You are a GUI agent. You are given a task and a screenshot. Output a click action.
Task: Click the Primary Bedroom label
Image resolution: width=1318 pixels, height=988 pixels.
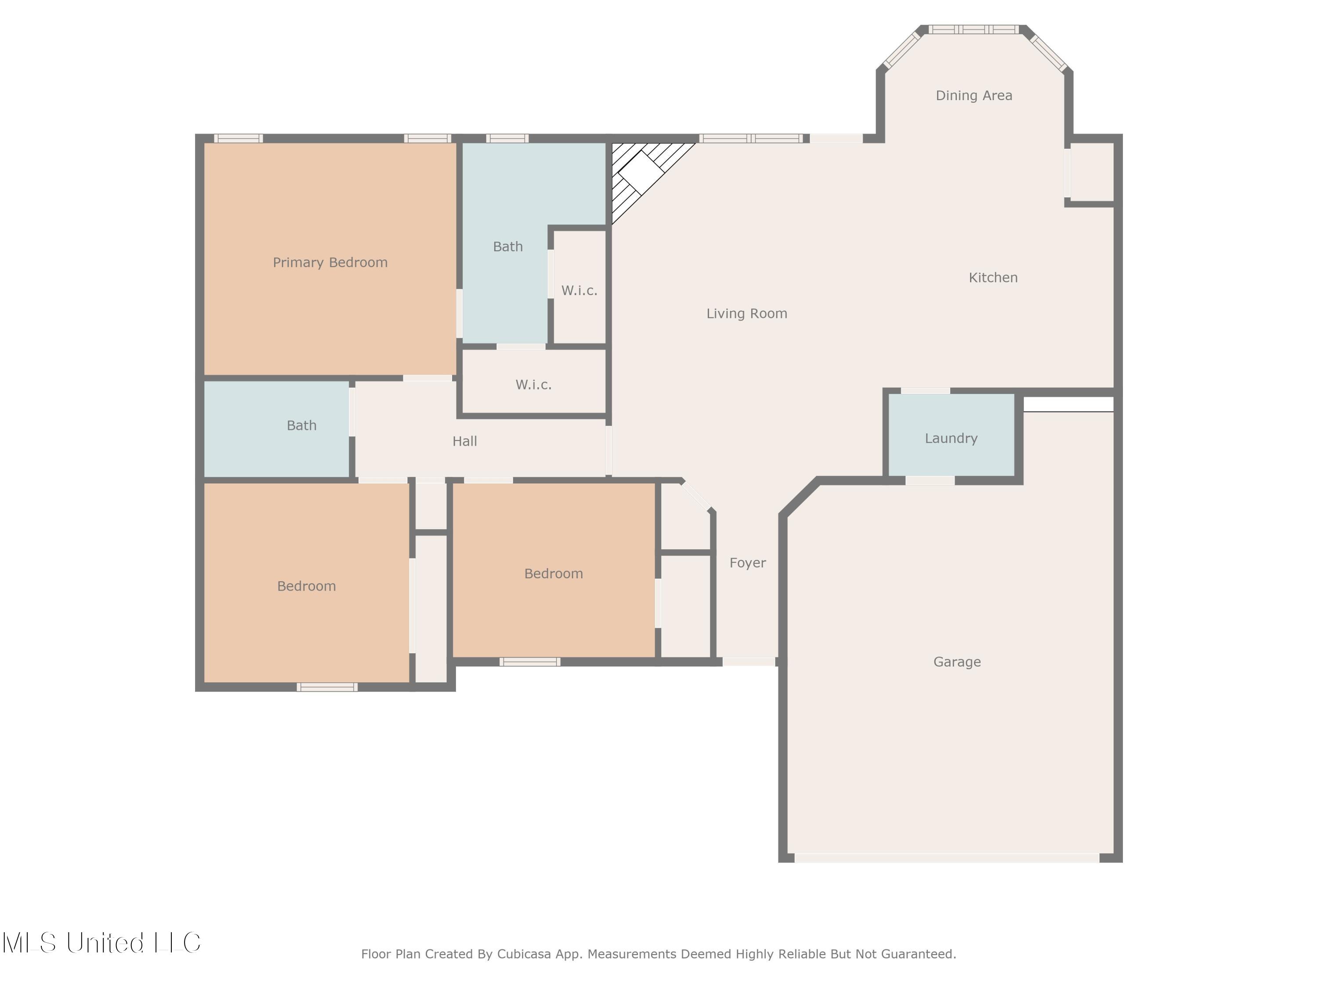click(x=330, y=263)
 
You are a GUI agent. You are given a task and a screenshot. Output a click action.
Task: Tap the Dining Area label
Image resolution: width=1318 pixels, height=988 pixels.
click(x=974, y=95)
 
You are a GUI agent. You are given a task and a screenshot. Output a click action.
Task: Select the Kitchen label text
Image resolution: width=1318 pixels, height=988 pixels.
click(x=992, y=278)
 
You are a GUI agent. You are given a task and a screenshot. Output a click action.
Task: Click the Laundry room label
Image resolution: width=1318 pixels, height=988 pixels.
click(x=951, y=438)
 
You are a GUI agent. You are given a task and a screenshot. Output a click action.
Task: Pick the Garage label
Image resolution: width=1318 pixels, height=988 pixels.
click(x=957, y=662)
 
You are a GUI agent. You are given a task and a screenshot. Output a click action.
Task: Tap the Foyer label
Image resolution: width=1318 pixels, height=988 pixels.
click(x=747, y=563)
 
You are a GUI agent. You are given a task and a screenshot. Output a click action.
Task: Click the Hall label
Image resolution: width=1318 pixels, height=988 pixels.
click(x=464, y=441)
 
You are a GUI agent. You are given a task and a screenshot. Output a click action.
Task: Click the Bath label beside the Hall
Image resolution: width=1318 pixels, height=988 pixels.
click(x=301, y=425)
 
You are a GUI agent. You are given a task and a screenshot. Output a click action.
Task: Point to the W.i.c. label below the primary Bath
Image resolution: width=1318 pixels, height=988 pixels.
click(x=533, y=385)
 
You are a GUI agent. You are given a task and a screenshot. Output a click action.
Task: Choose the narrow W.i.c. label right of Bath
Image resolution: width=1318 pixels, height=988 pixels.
click(x=579, y=291)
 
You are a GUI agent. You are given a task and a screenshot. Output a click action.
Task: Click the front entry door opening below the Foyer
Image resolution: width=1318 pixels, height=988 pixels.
click(x=749, y=662)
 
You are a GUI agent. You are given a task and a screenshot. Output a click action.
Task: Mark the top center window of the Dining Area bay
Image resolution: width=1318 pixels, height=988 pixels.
click(x=974, y=29)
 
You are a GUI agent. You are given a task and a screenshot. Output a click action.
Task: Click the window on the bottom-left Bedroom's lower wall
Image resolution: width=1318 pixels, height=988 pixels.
click(x=327, y=687)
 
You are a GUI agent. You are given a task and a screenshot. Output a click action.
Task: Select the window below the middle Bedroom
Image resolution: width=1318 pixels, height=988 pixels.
click(x=530, y=662)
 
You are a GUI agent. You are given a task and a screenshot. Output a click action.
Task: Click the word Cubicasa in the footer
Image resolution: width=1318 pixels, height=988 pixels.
click(x=524, y=954)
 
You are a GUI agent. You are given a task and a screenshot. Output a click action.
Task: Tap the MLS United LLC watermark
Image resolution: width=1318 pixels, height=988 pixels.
click(x=101, y=943)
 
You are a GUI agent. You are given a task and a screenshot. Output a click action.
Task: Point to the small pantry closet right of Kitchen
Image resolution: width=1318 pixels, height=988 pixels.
click(x=1092, y=173)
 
